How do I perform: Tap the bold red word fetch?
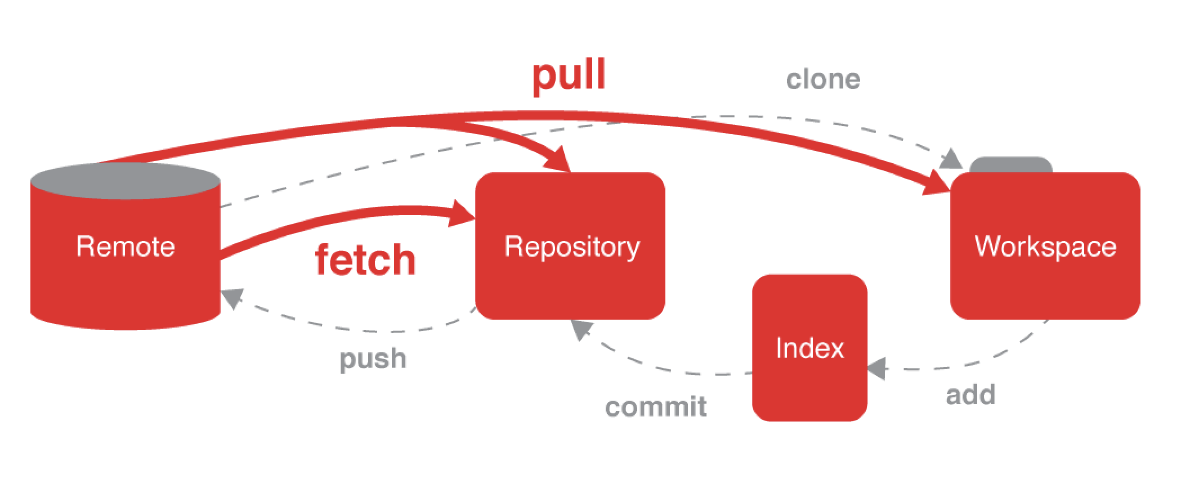click(x=365, y=259)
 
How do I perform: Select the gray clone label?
click(x=823, y=79)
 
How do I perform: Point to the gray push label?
click(x=373, y=358)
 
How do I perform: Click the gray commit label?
click(x=656, y=406)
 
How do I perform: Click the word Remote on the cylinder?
click(x=126, y=247)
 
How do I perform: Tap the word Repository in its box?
click(x=572, y=247)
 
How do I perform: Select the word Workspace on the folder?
click(x=1045, y=247)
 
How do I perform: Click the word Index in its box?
click(x=809, y=348)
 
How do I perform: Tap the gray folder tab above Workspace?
click(x=1011, y=165)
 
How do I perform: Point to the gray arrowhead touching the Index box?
click(x=877, y=369)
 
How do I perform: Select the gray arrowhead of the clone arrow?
click(x=951, y=160)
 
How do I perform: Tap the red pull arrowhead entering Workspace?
click(x=937, y=185)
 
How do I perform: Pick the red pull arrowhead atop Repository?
click(x=557, y=159)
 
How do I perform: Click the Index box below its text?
click(x=809, y=394)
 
